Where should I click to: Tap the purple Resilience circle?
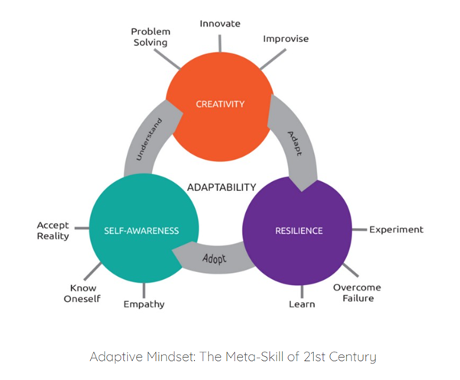(298, 229)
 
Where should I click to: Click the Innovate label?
(220, 24)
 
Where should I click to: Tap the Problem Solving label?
(150, 37)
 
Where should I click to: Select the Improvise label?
(285, 38)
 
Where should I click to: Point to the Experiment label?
(396, 229)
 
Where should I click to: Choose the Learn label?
(300, 304)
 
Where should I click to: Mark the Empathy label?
(144, 304)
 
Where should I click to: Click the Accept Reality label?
(53, 230)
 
